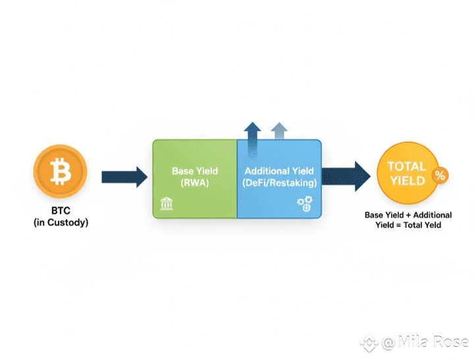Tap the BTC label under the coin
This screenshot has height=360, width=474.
[x=60, y=212]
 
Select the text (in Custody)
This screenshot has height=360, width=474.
[x=61, y=223]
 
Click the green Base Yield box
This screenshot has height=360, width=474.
[x=194, y=197]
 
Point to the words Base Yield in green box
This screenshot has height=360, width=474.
[x=194, y=171]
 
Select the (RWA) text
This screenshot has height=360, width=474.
[x=194, y=184]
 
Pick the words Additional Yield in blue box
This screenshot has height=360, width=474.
[x=279, y=171]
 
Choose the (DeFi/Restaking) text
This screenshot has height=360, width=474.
[x=279, y=183]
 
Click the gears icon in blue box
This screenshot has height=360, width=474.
[x=305, y=205]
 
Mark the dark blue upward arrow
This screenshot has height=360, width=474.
[x=252, y=131]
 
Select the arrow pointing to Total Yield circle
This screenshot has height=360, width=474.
[x=346, y=176]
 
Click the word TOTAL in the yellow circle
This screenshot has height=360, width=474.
[x=406, y=167]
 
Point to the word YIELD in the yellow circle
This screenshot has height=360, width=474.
[x=406, y=180]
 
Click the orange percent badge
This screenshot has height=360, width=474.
[x=440, y=176]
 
